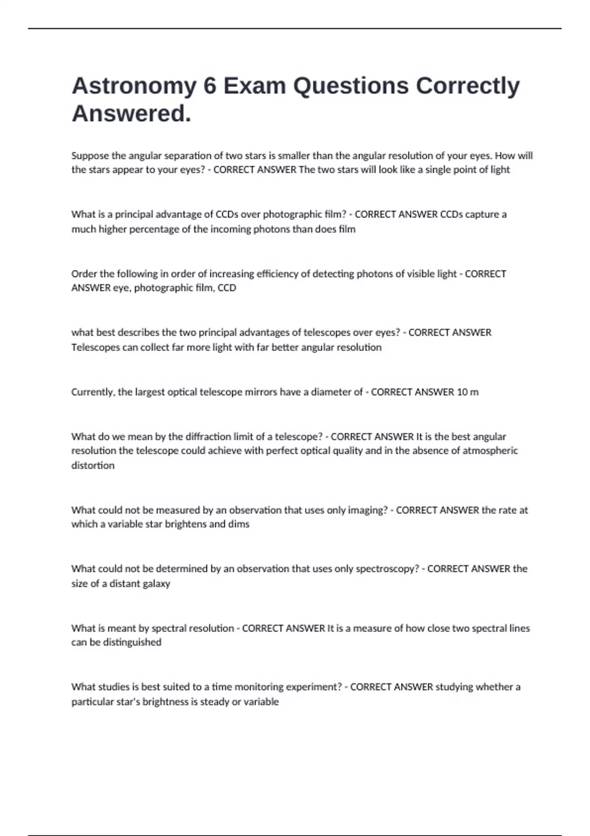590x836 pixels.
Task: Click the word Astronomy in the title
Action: [x=134, y=87]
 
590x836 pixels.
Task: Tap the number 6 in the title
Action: [x=209, y=86]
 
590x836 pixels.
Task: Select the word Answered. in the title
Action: [x=131, y=114]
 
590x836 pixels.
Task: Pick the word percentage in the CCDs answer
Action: [x=154, y=229]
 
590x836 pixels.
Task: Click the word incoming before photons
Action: [x=231, y=229]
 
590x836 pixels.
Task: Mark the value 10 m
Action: [x=468, y=392]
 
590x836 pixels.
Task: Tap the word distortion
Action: [x=93, y=465]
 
